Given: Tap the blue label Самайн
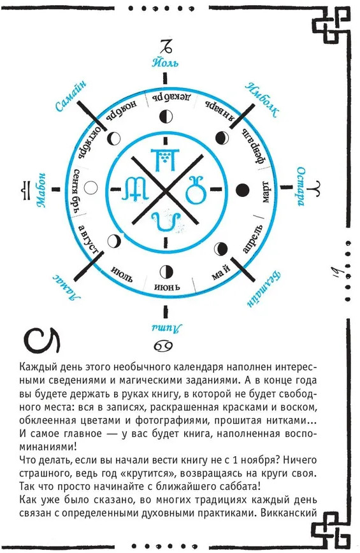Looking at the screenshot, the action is coord(71,96).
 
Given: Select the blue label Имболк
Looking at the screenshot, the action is coord(262,100).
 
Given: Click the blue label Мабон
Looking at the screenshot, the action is coord(41,190).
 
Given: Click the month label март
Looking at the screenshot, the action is coord(265,192).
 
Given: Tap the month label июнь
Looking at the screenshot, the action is coord(167,287).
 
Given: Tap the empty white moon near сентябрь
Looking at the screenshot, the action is coord(92,187).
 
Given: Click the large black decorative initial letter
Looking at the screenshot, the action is coord(41,341).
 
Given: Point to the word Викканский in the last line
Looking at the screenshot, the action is coord(289,513).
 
